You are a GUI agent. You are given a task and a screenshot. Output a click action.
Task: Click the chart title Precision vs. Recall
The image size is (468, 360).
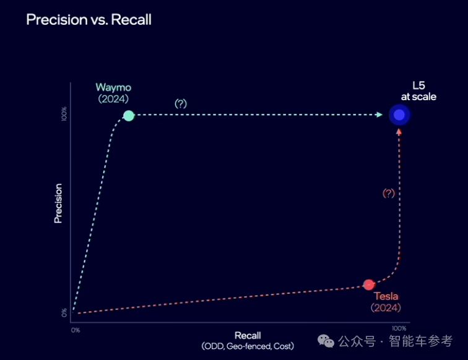(89, 20)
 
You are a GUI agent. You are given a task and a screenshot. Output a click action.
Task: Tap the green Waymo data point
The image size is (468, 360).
(129, 115)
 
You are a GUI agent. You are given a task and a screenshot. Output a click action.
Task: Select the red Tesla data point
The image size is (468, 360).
(369, 285)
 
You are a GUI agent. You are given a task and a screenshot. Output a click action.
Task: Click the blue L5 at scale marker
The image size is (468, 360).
(399, 115)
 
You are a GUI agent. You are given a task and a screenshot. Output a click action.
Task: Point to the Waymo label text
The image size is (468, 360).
(113, 87)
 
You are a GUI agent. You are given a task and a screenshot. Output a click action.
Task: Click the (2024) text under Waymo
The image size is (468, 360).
(113, 98)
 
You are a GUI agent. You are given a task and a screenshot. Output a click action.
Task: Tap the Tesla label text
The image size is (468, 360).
(386, 296)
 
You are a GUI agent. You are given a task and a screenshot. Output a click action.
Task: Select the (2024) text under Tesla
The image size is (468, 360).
(386, 307)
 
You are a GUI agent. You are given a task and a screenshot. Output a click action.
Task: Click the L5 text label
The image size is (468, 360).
(418, 85)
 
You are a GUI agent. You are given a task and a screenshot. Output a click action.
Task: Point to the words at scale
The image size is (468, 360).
(418, 96)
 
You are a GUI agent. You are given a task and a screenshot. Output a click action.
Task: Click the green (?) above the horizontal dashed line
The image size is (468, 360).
(180, 103)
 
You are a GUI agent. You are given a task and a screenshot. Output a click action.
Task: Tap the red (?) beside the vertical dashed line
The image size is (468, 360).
(388, 193)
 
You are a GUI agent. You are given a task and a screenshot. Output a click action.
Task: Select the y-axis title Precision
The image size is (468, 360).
(58, 203)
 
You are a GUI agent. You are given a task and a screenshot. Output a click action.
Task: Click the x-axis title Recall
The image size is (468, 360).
(248, 336)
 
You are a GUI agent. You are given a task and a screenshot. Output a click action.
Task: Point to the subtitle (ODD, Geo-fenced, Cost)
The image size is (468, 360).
(248, 346)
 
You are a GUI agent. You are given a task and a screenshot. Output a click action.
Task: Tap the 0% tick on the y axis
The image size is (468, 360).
(64, 313)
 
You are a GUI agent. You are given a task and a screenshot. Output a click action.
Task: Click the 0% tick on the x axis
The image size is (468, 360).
(76, 330)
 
